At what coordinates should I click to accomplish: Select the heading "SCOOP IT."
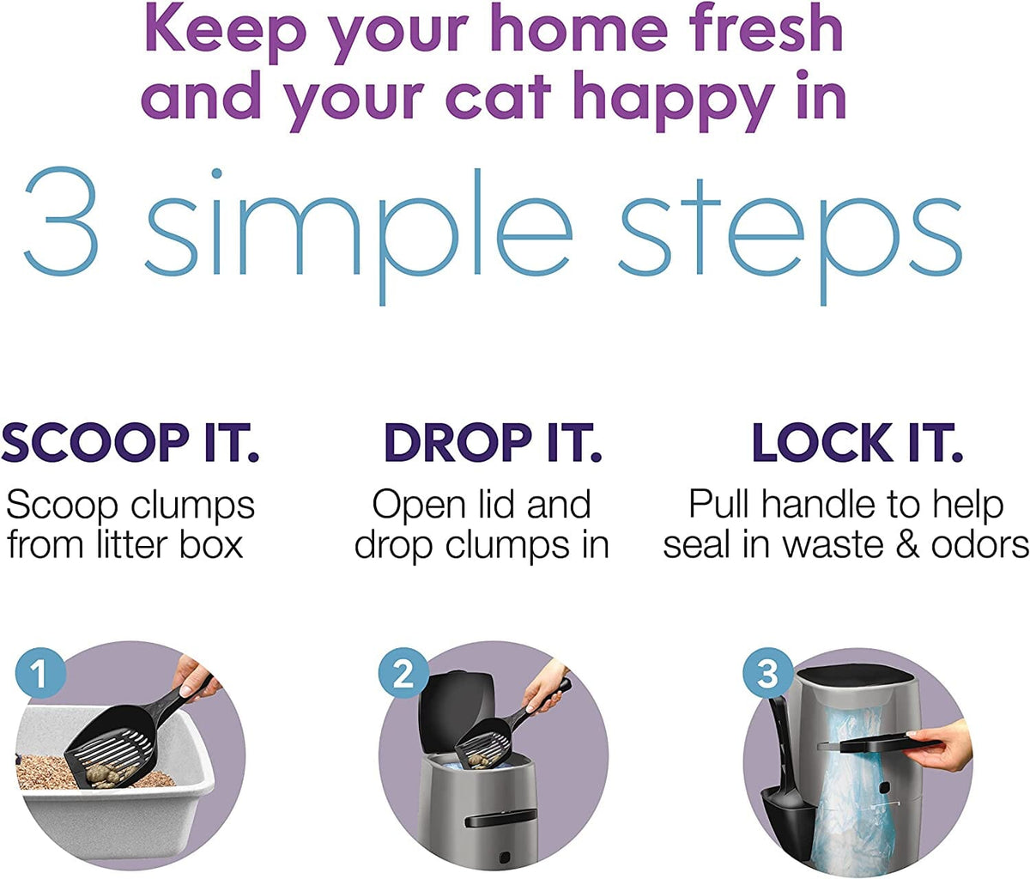(x=130, y=444)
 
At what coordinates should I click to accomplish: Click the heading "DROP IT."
(x=492, y=444)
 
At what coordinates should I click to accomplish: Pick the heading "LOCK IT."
(x=857, y=444)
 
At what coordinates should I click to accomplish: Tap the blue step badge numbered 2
(x=403, y=674)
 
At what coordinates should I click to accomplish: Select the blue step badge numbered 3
(x=766, y=674)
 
